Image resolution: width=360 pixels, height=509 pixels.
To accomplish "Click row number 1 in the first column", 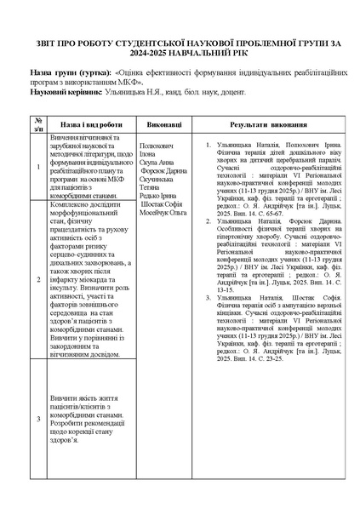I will point(37,167).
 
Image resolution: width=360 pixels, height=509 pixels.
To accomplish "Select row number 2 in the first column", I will point(37,279).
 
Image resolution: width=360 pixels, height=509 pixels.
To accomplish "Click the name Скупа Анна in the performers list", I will point(155,162).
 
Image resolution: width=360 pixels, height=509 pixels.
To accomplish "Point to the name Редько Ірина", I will point(156,196).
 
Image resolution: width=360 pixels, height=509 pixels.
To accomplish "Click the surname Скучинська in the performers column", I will point(157,179).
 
